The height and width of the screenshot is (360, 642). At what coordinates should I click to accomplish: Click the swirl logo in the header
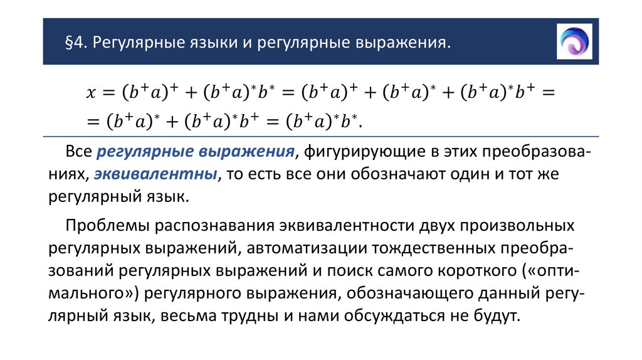click(574, 41)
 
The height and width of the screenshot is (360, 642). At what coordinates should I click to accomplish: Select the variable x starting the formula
click(90, 93)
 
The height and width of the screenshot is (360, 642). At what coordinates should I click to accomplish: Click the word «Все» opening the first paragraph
click(79, 152)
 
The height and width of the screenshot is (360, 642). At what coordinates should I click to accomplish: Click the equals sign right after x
click(108, 93)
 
